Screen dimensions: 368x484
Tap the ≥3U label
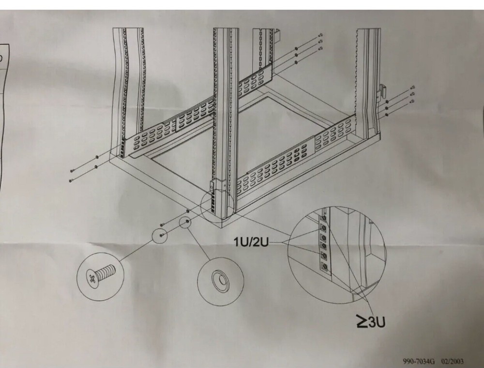tap(371, 322)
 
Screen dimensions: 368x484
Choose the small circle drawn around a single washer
tap(185, 223)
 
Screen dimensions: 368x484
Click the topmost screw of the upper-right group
tap(321, 35)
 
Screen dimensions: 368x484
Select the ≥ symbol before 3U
tap(362, 322)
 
